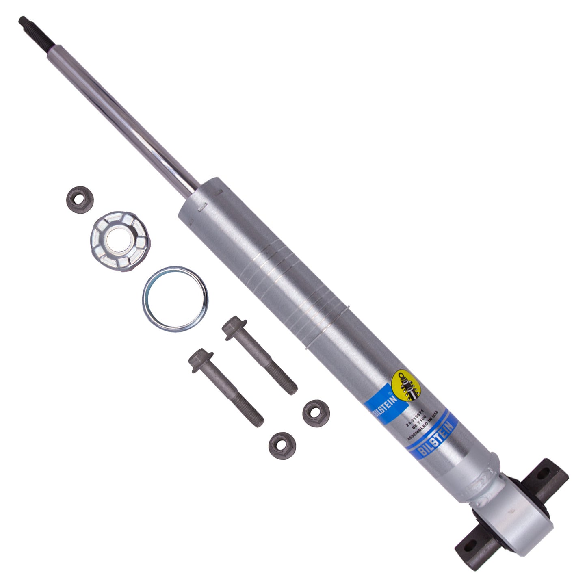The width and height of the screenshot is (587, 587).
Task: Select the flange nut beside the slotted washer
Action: (x=80, y=199)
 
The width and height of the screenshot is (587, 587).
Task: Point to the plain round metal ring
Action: (x=175, y=299)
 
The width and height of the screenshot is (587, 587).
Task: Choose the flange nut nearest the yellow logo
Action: (x=316, y=413)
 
